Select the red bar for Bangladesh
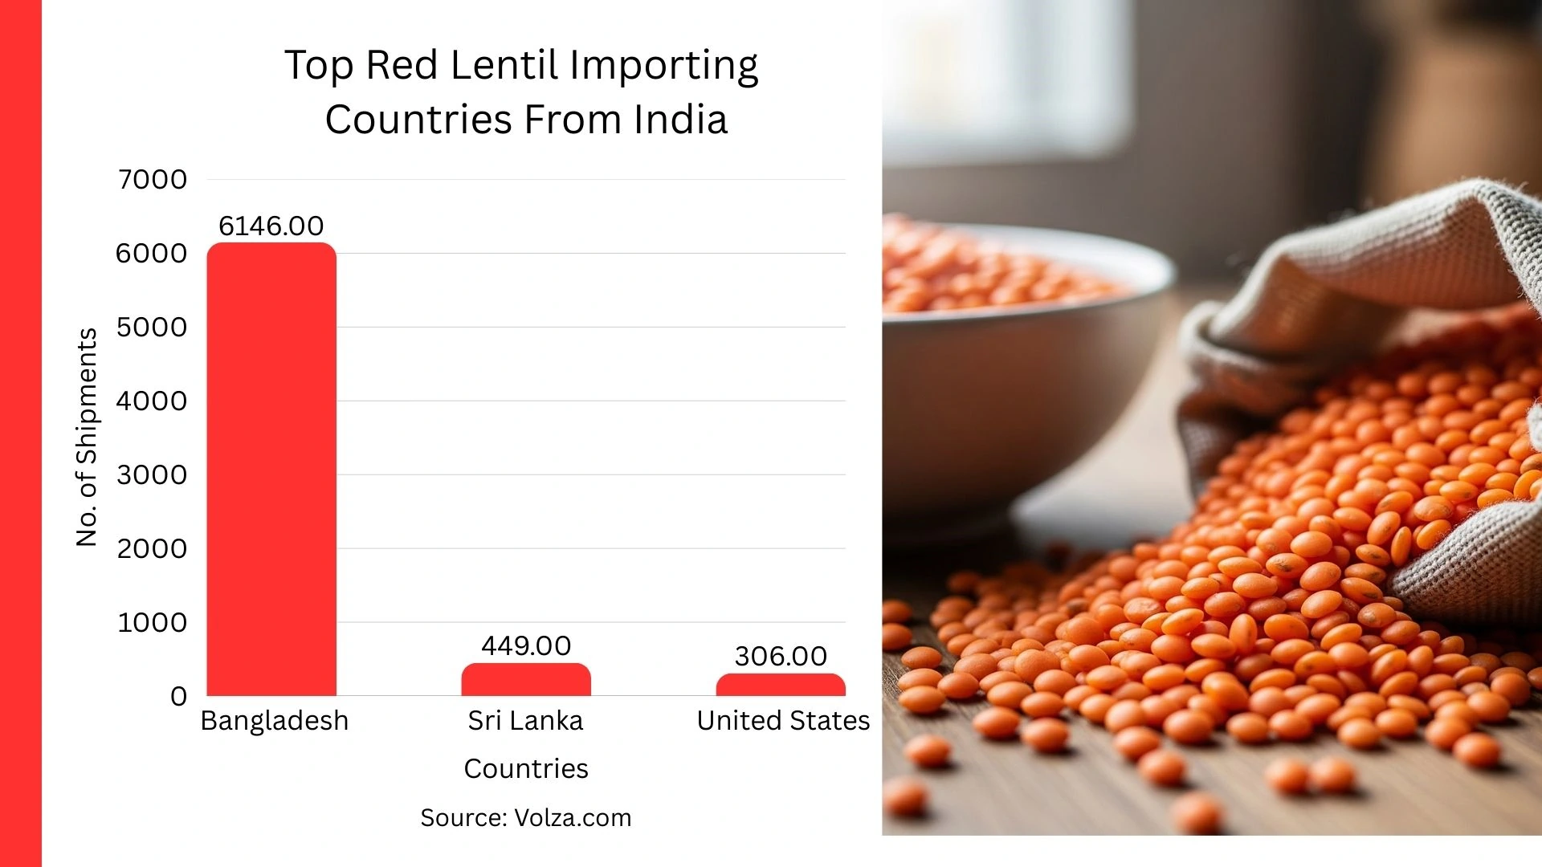click(x=271, y=470)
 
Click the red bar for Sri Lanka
click(x=526, y=680)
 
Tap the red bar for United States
click(x=781, y=685)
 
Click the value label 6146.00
click(x=271, y=226)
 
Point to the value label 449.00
click(x=526, y=645)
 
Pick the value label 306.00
click(x=781, y=656)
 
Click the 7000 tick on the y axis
click(x=153, y=179)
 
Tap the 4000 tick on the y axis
click(x=152, y=401)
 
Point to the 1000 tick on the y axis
click(x=153, y=622)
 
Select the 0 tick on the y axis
click(x=178, y=696)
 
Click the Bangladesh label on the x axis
click(x=274, y=720)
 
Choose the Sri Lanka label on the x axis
click(x=526, y=720)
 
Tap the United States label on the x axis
click(x=783, y=720)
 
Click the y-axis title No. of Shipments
click(x=87, y=438)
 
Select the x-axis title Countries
click(x=526, y=768)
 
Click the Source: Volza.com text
click(x=526, y=817)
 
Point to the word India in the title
click(x=680, y=120)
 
